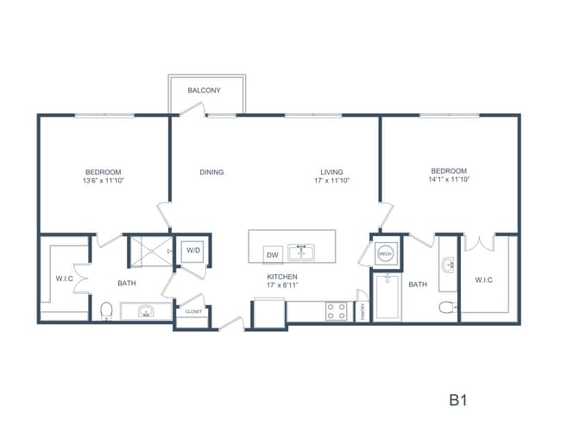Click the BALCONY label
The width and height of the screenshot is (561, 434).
coord(205,90)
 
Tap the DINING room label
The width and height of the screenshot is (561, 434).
coord(211,172)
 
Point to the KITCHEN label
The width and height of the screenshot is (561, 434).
coord(282,277)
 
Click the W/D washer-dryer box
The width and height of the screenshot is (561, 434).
coord(193,252)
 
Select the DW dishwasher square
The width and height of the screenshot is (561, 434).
coord(273,254)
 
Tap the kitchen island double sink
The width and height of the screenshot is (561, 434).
coord(301,252)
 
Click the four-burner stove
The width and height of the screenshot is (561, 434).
coord(337,310)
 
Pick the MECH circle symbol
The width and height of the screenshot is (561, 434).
coord(386,253)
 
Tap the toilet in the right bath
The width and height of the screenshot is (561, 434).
coord(446,307)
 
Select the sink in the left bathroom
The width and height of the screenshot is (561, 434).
coord(145,311)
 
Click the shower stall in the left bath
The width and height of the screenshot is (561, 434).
coord(152,252)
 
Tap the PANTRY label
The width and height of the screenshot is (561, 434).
coord(362,311)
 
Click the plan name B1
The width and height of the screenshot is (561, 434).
coord(457,401)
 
